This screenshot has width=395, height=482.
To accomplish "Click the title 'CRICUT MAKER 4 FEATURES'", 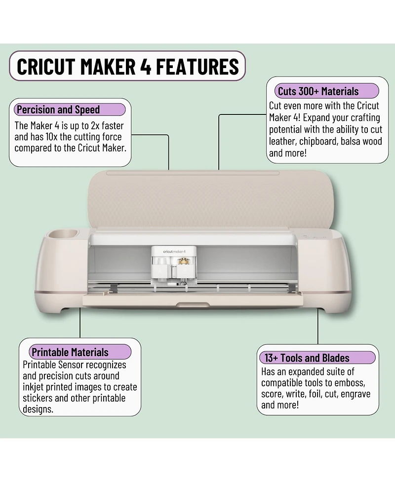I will tap(127, 66).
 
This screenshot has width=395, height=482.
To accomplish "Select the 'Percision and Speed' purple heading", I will tap(58, 110).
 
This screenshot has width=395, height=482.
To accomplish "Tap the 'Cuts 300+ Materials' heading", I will tap(318, 91).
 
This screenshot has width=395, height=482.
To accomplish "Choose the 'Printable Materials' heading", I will tap(70, 352).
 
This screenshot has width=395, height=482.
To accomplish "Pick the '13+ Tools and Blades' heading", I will tap(307, 358).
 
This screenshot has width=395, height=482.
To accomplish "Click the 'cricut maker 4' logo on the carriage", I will tap(170, 251).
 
